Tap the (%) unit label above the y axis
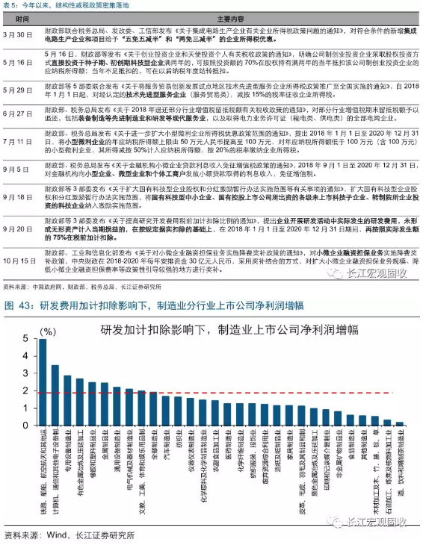point(47,331)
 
